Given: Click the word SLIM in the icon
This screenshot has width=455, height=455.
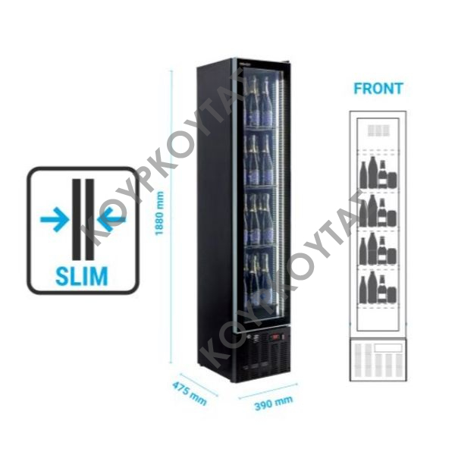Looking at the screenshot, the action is point(82,276).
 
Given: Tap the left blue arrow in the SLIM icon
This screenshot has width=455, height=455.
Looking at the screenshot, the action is point(55,219).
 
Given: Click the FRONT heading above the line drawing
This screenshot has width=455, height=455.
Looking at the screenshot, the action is point(378,89).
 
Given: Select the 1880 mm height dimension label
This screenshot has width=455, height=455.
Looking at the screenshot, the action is point(159,213).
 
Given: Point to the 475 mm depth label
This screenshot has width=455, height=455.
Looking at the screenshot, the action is point(190,394).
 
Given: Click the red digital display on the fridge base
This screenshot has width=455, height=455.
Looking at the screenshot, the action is point(275,337).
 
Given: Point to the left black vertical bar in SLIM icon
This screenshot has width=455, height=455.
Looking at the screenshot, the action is point(76,219).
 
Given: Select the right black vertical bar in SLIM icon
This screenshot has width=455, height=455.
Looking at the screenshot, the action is point(90,219).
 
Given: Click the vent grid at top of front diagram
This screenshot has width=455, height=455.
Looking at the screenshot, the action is point(378,130).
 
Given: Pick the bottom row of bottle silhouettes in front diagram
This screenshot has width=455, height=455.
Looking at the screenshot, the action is point(378,287).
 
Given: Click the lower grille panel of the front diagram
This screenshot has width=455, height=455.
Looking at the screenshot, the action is point(378,359).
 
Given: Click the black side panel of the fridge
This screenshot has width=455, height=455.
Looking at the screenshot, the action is point(215,221).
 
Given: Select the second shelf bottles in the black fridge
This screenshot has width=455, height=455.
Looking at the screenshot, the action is point(259,159).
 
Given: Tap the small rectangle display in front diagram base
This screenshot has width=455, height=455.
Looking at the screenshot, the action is point(388,347).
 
